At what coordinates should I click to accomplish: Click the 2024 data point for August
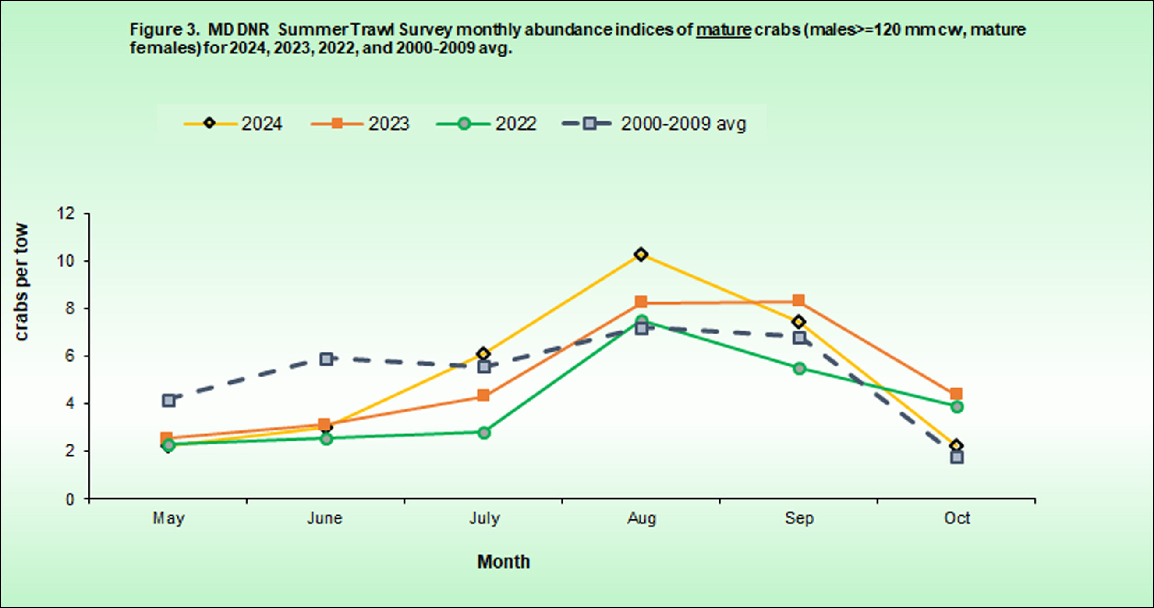point(641,255)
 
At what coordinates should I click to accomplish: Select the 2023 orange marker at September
point(799,300)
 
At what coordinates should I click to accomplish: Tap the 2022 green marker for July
point(484,433)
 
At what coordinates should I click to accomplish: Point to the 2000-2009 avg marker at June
point(326,359)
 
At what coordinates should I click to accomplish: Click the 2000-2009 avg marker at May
point(169,400)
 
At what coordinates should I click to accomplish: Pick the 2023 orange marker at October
point(956,394)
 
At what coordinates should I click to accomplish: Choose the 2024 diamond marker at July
point(483,354)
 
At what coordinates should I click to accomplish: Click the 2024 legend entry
point(233,124)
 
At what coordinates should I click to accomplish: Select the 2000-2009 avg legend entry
point(655,124)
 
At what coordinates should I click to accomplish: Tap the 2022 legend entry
point(486,124)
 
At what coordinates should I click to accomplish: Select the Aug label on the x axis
point(641,518)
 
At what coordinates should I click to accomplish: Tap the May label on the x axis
point(169,518)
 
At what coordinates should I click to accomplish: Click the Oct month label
point(957,518)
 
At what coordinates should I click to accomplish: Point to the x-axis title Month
point(503,562)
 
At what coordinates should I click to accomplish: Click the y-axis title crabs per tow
point(21,282)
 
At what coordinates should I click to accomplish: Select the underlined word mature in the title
point(723,30)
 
